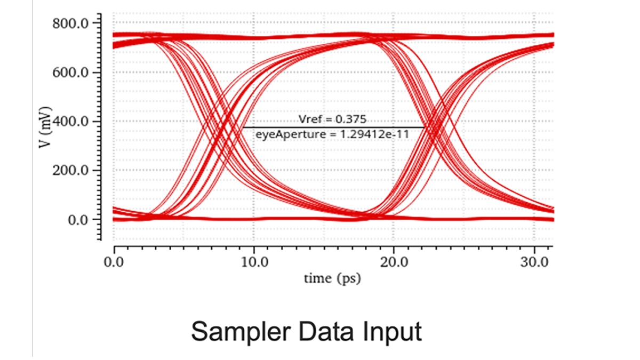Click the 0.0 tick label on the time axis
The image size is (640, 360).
pyautogui.click(x=114, y=262)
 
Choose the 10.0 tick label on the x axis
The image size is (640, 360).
pyautogui.click(x=254, y=262)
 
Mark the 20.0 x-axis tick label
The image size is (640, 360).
pyautogui.click(x=394, y=262)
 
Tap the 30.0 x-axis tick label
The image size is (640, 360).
pyautogui.click(x=534, y=262)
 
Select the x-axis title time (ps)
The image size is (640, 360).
pyautogui.click(x=332, y=278)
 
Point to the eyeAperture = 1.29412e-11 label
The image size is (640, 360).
pyautogui.click(x=333, y=134)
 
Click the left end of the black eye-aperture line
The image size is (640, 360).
pyautogui.click(x=243, y=127)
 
